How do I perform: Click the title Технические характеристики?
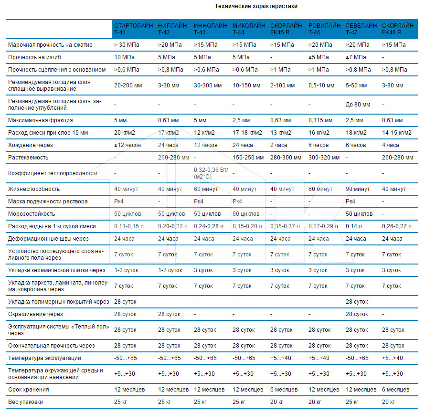[x=256, y=6]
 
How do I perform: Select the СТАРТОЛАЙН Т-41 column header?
[x=133, y=29]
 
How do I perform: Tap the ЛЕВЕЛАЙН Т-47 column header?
[x=361, y=29]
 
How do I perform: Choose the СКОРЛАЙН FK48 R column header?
[x=398, y=29]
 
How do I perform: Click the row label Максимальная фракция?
[x=41, y=120]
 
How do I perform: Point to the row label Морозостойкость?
[x=32, y=214]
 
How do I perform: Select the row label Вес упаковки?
[x=25, y=402]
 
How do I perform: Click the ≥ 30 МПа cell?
[x=127, y=45]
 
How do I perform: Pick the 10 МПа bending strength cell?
[x=124, y=57]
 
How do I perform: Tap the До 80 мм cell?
[x=358, y=105]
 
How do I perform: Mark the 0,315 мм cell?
[x=320, y=120]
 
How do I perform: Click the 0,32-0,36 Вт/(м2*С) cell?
[x=211, y=173]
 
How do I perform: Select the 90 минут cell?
[x=358, y=189]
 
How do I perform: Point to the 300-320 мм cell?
[x=324, y=158]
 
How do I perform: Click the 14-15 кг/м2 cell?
[x=397, y=133]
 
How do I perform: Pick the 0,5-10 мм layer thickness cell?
[x=321, y=85]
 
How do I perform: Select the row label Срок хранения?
[x=29, y=390]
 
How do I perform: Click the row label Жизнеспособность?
[x=34, y=189]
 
